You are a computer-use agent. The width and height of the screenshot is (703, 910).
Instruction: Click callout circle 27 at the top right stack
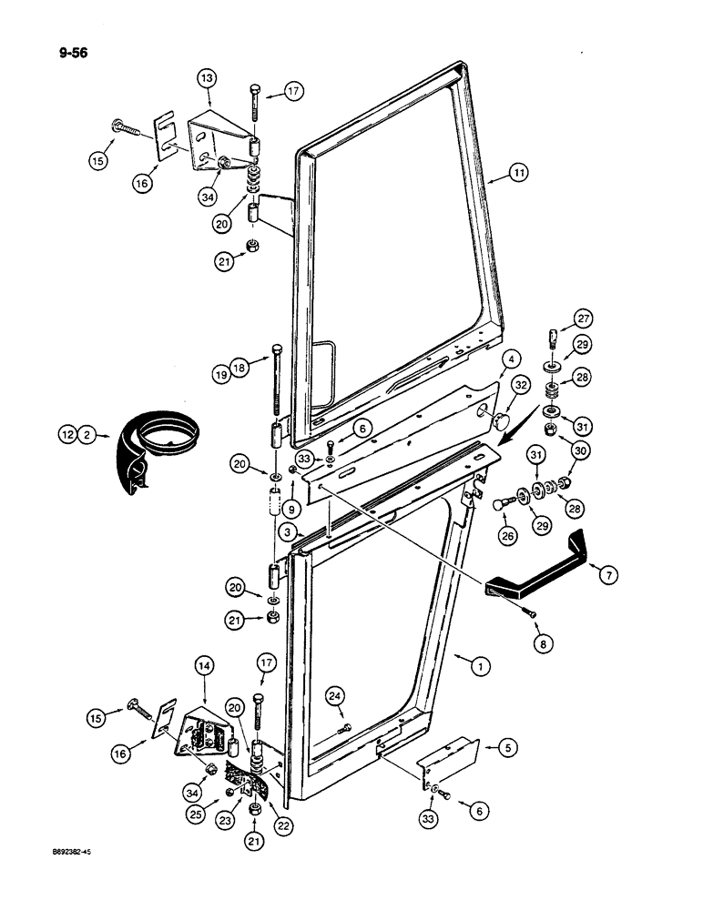click(582, 319)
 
